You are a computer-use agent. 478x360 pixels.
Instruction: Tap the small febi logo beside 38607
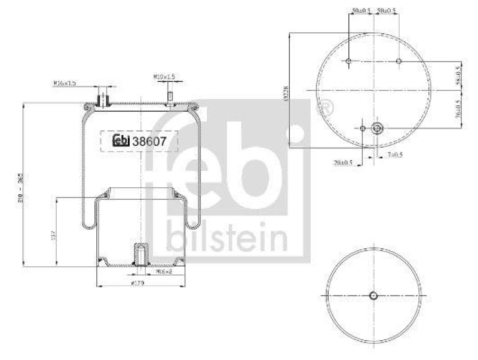(x=121, y=142)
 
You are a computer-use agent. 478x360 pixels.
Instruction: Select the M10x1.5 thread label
(x=164, y=77)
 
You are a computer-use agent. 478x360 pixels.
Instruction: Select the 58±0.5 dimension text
(x=458, y=76)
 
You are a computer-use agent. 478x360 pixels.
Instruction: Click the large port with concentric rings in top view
(x=376, y=127)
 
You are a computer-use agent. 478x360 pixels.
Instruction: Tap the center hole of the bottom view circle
(x=373, y=297)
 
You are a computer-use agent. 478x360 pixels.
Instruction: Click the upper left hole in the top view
(x=348, y=62)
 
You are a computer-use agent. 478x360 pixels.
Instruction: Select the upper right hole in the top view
(x=399, y=62)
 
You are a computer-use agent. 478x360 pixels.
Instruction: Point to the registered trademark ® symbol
(x=326, y=108)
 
